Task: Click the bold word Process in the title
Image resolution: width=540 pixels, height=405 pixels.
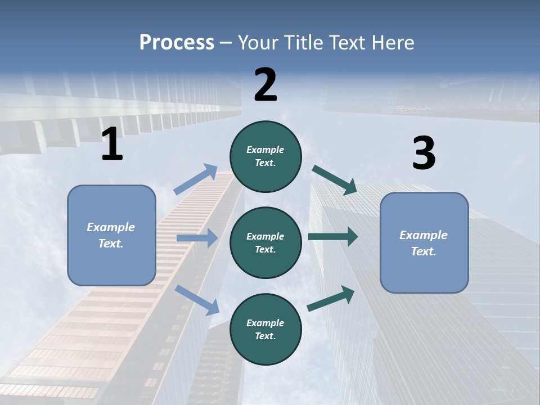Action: (x=177, y=42)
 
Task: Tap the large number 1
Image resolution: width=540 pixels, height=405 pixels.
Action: (x=112, y=145)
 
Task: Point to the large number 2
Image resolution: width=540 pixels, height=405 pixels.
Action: (x=265, y=85)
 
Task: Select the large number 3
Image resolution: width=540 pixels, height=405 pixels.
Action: (x=424, y=154)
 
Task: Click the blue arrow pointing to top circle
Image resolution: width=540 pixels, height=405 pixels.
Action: (x=195, y=179)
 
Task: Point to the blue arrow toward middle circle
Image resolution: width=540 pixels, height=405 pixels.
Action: (x=197, y=238)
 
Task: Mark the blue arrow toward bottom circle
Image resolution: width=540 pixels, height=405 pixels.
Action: (x=197, y=300)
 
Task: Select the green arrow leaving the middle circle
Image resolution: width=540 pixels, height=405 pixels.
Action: (x=332, y=237)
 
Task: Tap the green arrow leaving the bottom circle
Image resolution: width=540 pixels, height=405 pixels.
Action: (x=331, y=298)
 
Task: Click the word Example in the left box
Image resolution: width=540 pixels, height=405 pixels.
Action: (x=111, y=227)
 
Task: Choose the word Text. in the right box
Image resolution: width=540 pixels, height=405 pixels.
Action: (x=424, y=251)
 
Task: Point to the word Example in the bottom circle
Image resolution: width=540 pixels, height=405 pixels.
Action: (x=265, y=323)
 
